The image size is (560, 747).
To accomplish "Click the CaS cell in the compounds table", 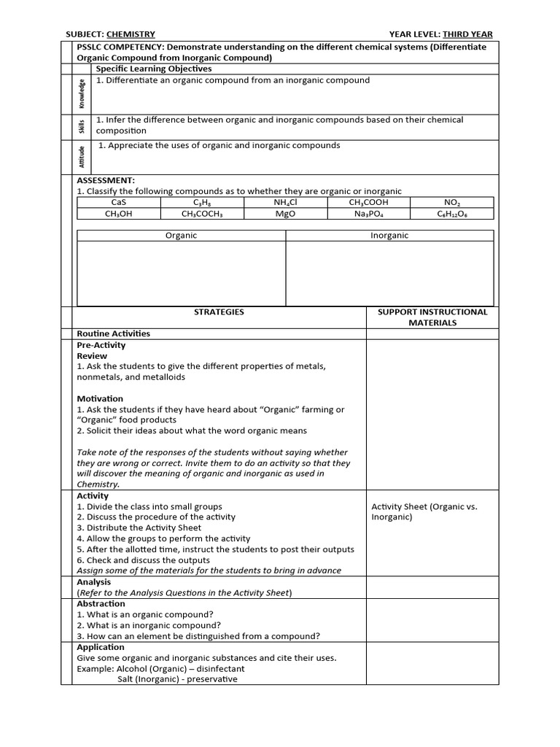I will pos(119,202).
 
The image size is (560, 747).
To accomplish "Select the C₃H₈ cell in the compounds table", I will pos(202,202).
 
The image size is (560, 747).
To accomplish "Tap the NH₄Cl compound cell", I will pos(285,202).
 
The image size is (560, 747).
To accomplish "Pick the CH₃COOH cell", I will pos(368,202).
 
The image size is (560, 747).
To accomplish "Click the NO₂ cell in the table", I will pos(452,202).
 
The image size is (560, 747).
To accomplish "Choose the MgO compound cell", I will pos(285,214).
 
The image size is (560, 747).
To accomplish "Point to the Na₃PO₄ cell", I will pos(368,214).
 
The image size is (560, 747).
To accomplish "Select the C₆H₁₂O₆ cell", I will pos(452,214).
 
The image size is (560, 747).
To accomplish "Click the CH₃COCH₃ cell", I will pos(202,214).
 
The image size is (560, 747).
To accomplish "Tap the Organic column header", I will pos(181,236).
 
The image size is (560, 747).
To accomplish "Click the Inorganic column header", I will pos(389,236).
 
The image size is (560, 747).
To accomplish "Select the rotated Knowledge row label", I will pos(82,94).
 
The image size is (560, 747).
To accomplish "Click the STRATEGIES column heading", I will pos(219,312).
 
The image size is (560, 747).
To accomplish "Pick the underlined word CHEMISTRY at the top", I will pos(131,34).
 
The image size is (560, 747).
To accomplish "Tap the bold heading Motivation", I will pos(100,399).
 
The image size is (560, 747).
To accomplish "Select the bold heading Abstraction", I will pos(101,604).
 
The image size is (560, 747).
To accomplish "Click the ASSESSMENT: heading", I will pos(106,180).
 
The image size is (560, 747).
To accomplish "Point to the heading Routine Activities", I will pos(113,334).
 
